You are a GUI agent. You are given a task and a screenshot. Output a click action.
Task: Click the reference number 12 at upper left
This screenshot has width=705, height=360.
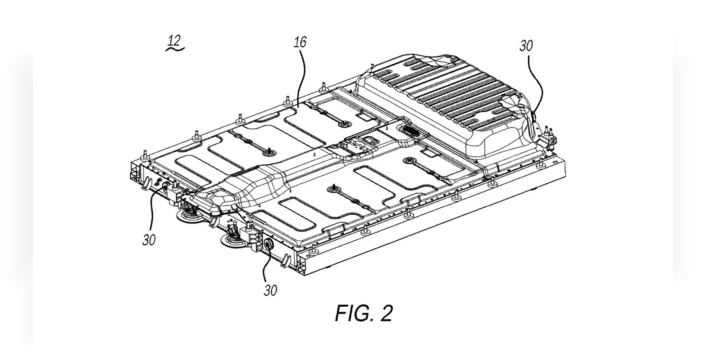click(x=174, y=40)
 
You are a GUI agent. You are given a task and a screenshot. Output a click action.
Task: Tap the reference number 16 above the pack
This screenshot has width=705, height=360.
click(x=300, y=42)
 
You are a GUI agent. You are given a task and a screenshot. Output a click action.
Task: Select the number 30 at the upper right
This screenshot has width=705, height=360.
click(x=526, y=45)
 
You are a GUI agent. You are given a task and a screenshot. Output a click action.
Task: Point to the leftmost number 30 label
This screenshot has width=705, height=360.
click(x=149, y=240)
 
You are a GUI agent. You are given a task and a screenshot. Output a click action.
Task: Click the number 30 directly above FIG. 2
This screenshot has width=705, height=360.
click(x=270, y=290)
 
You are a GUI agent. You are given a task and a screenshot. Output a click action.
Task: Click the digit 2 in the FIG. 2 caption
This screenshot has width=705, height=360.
click(x=386, y=313)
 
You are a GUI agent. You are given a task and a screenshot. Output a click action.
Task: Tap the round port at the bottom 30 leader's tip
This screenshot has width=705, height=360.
click(x=269, y=245)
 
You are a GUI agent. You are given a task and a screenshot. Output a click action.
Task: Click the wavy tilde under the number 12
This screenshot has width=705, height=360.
click(x=175, y=48)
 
